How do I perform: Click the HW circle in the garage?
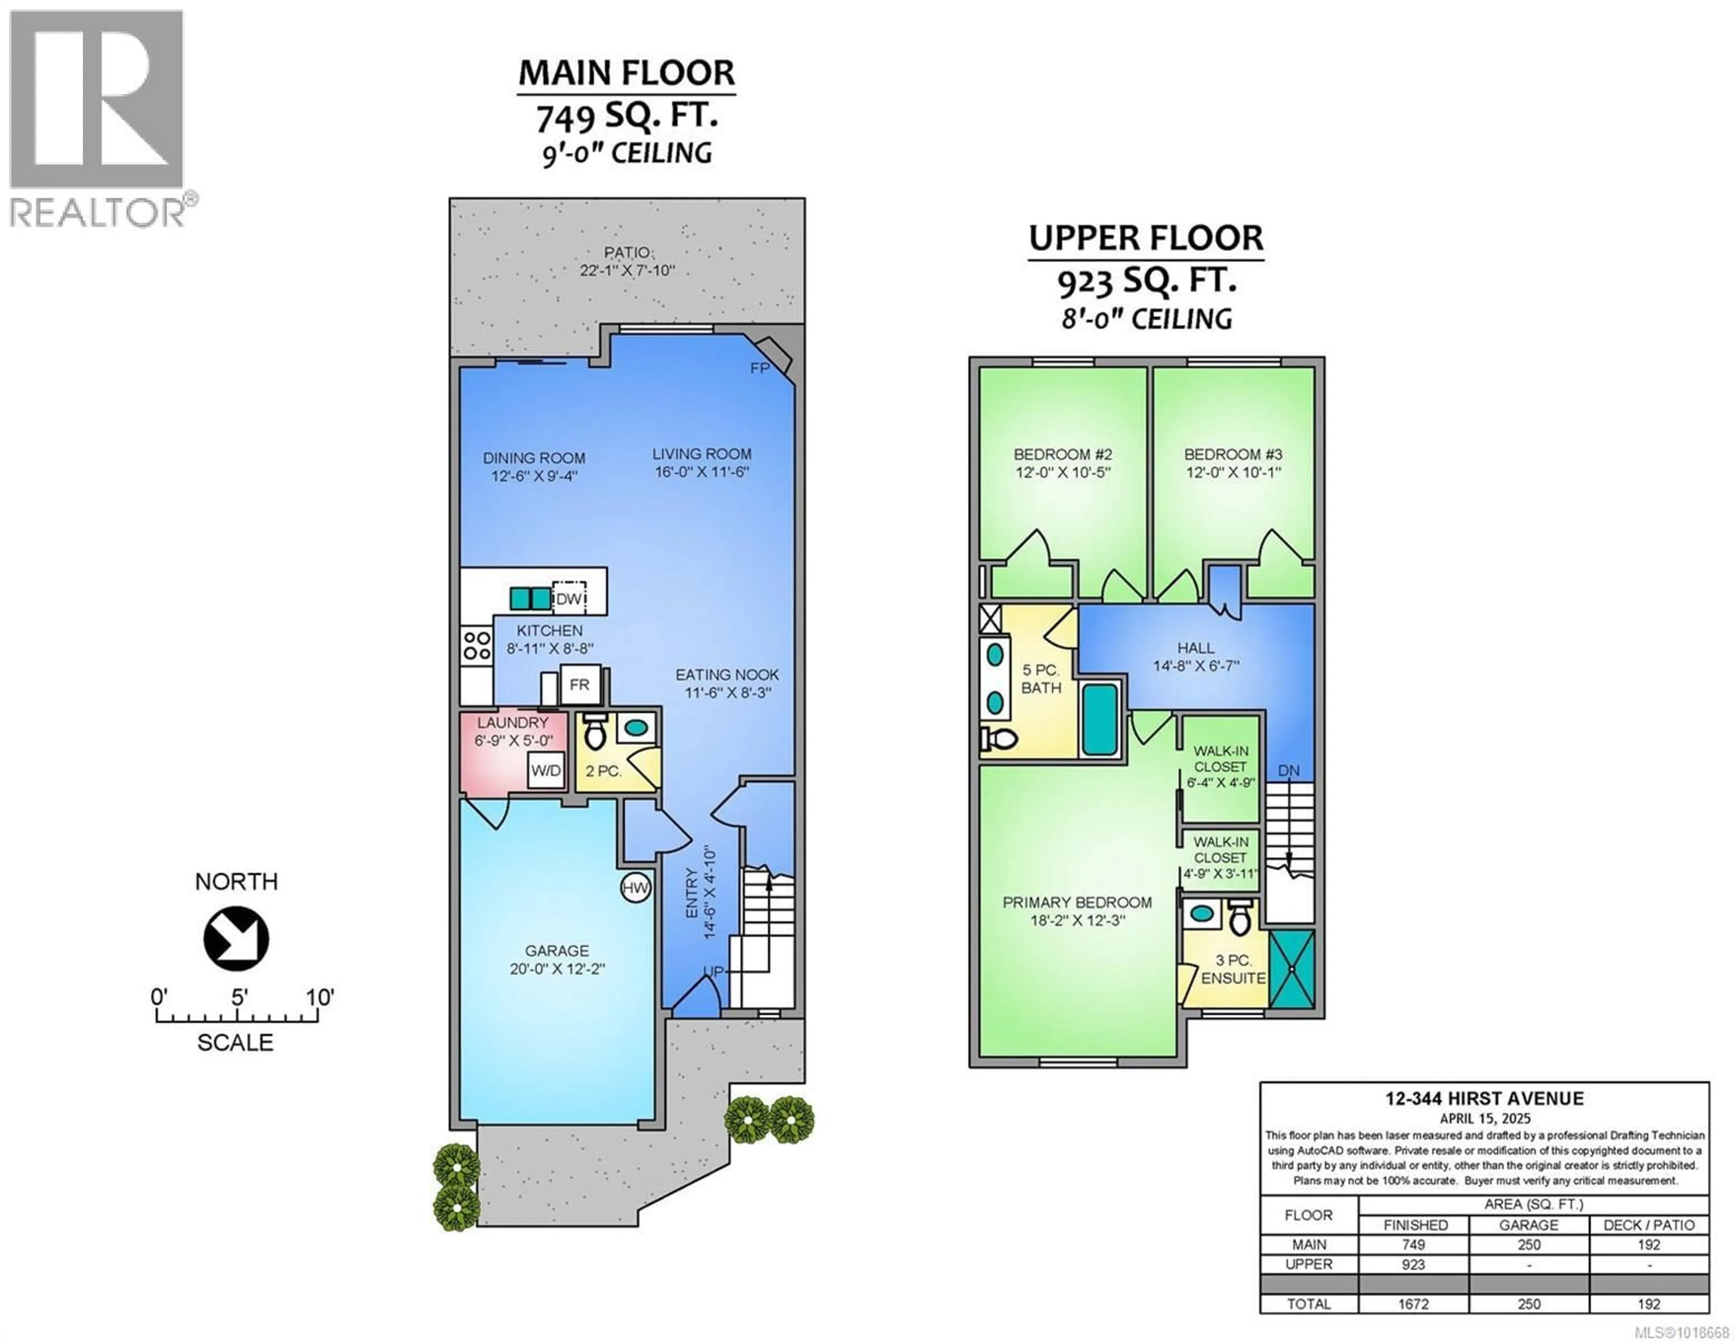[x=635, y=889]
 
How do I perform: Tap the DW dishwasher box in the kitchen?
[x=569, y=598]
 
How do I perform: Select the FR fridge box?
[x=580, y=684]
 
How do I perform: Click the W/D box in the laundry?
[x=546, y=769]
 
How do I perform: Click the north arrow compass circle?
[x=236, y=939]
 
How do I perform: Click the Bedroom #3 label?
[x=1233, y=455]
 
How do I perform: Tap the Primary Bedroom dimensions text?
[x=1076, y=921]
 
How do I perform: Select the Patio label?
[x=626, y=253]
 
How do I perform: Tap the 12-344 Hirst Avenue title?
[x=1484, y=1099]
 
